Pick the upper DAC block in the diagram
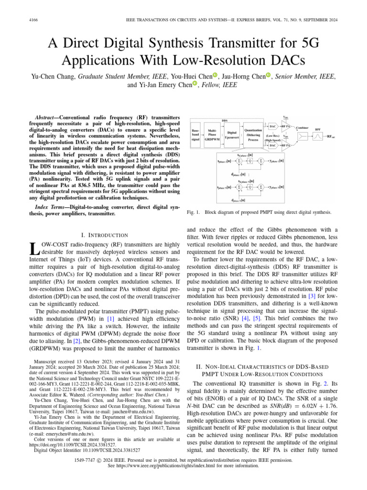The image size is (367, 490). point(272,126)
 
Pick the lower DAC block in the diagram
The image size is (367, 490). point(272,145)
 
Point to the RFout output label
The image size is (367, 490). point(330,136)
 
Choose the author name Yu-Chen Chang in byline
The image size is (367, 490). point(53,76)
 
